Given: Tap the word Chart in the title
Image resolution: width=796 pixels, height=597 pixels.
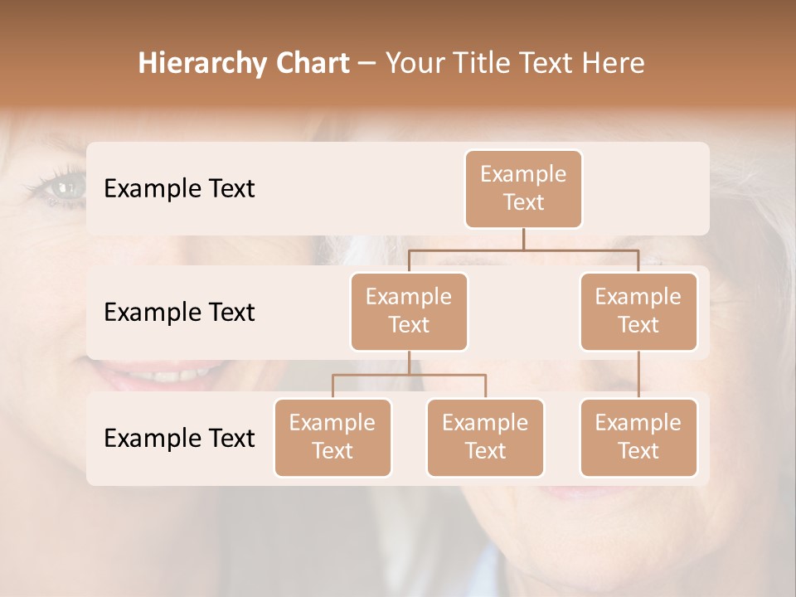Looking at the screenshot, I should pos(312,64).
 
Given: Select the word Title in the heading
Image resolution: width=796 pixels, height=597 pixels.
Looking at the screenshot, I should pos(484,64).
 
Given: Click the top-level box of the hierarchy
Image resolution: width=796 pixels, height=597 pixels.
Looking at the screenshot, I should pos(523,188).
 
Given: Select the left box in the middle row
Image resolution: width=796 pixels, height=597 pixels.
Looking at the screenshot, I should pos(409,311).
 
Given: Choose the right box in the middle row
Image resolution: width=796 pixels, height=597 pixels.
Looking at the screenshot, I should pos(638,311).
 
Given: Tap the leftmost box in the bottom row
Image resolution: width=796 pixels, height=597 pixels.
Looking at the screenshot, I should pos(332,437).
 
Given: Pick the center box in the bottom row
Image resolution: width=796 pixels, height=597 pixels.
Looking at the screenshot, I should pos(485,437).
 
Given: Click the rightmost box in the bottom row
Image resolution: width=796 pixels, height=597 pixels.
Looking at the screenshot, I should pos(638,437).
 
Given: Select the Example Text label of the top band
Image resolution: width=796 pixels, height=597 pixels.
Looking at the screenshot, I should pos(179,189).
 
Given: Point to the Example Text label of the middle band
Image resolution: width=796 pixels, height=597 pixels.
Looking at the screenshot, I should pos(179,313).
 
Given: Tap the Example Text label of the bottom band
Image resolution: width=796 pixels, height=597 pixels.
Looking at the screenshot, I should pos(179,439).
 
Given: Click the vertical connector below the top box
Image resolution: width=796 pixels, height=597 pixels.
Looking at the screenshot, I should pos(523,239).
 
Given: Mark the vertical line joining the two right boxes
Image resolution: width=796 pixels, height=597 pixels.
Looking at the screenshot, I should pos(638,374).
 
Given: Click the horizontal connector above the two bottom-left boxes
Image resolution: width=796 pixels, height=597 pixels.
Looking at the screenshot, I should pos(409,375).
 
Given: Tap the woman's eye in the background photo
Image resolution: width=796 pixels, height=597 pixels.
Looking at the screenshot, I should pos(61,187).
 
